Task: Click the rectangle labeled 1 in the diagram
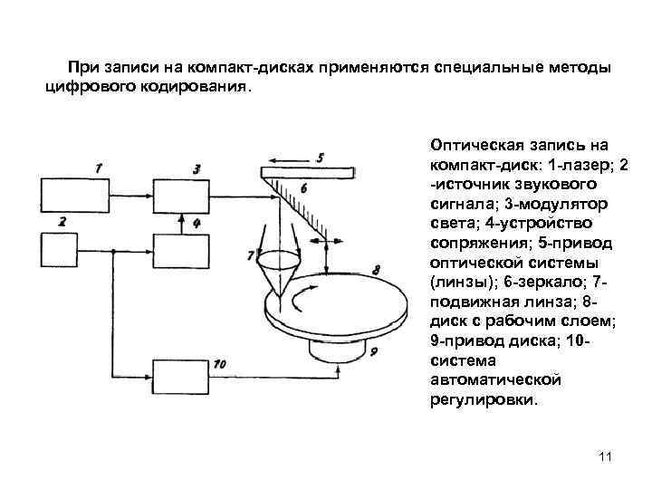tap(77, 195)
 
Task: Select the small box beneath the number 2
tap(58, 247)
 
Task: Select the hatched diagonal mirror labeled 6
tap(295, 203)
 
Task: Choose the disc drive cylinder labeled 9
tap(340, 344)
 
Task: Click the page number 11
tap(606, 457)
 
